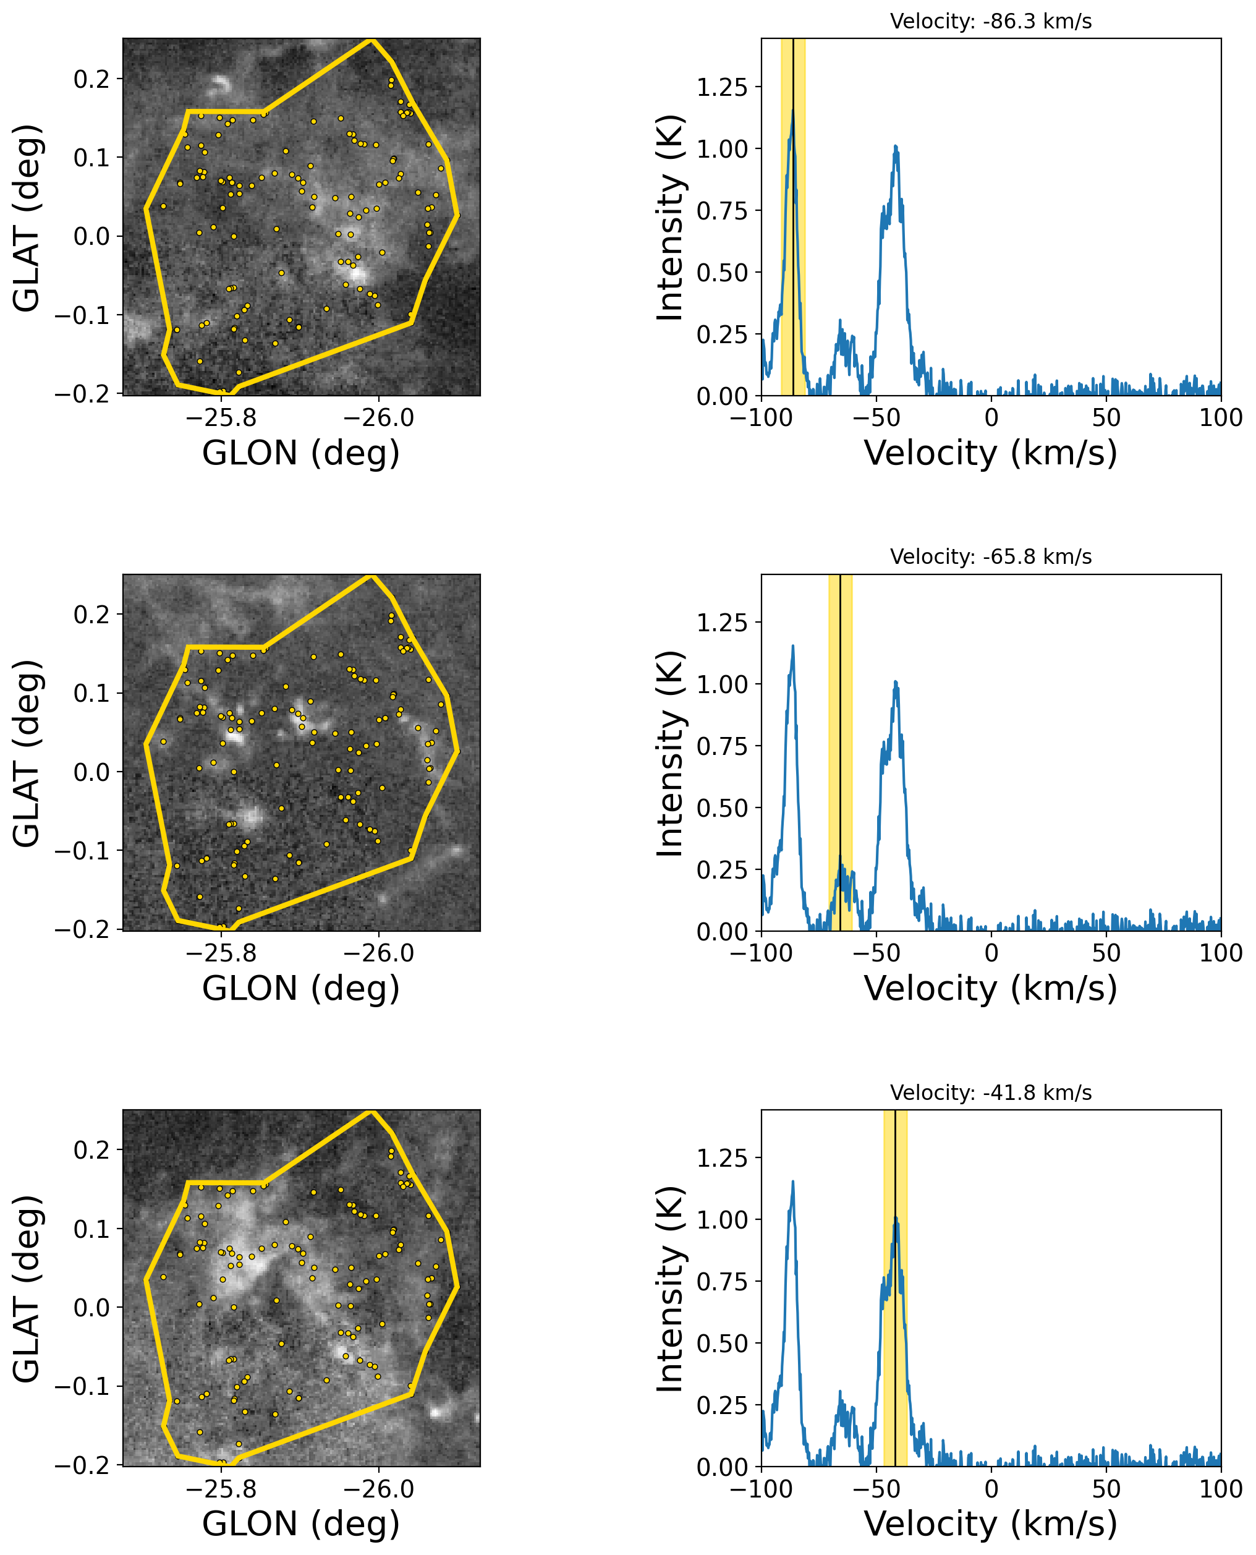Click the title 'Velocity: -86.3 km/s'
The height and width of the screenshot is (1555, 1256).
tap(990, 22)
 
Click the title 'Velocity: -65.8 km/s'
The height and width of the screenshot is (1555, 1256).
tap(990, 556)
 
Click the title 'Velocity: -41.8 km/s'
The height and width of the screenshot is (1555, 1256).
tap(990, 1093)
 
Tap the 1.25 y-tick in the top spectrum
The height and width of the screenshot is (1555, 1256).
tap(721, 88)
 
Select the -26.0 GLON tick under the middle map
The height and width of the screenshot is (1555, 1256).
tap(378, 953)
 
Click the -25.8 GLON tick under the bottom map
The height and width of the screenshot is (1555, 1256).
tap(221, 1488)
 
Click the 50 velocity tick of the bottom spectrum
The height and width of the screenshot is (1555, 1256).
tap(1106, 1488)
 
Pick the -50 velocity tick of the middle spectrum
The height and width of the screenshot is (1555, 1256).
tap(876, 953)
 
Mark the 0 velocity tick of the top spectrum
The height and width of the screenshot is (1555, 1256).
tap(991, 417)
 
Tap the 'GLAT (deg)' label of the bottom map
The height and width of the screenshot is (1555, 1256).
tap(27, 1289)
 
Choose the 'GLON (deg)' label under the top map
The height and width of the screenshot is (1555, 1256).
tap(301, 454)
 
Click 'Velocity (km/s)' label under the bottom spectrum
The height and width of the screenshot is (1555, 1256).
tap(990, 1524)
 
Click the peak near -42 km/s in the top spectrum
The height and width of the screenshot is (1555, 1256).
tap(896, 147)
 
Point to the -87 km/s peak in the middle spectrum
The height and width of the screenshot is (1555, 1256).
tap(793, 646)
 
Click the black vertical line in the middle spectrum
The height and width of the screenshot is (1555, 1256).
tap(840, 752)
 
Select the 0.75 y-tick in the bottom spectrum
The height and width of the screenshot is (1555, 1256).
tap(721, 1282)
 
